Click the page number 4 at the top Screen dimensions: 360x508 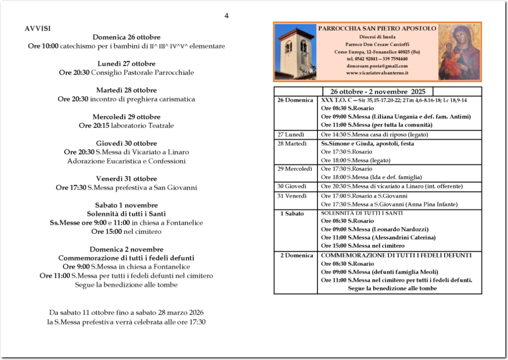(227, 16)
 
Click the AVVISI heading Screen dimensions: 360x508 (38, 28)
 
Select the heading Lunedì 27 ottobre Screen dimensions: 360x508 (127, 64)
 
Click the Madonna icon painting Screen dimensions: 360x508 (458, 52)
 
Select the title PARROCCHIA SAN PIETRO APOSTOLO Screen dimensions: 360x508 (377, 28)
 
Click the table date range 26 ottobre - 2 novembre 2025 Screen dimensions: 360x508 (378, 91)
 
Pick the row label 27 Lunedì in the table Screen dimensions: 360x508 (290, 135)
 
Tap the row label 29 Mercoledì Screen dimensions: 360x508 (295, 169)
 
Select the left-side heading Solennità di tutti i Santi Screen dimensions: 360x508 (126, 214)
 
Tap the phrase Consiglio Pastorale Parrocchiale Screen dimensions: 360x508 (142, 72)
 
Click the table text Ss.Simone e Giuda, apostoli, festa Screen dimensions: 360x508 (367, 144)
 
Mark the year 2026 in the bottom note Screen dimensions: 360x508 (195, 313)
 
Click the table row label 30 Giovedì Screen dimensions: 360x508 (291, 186)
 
